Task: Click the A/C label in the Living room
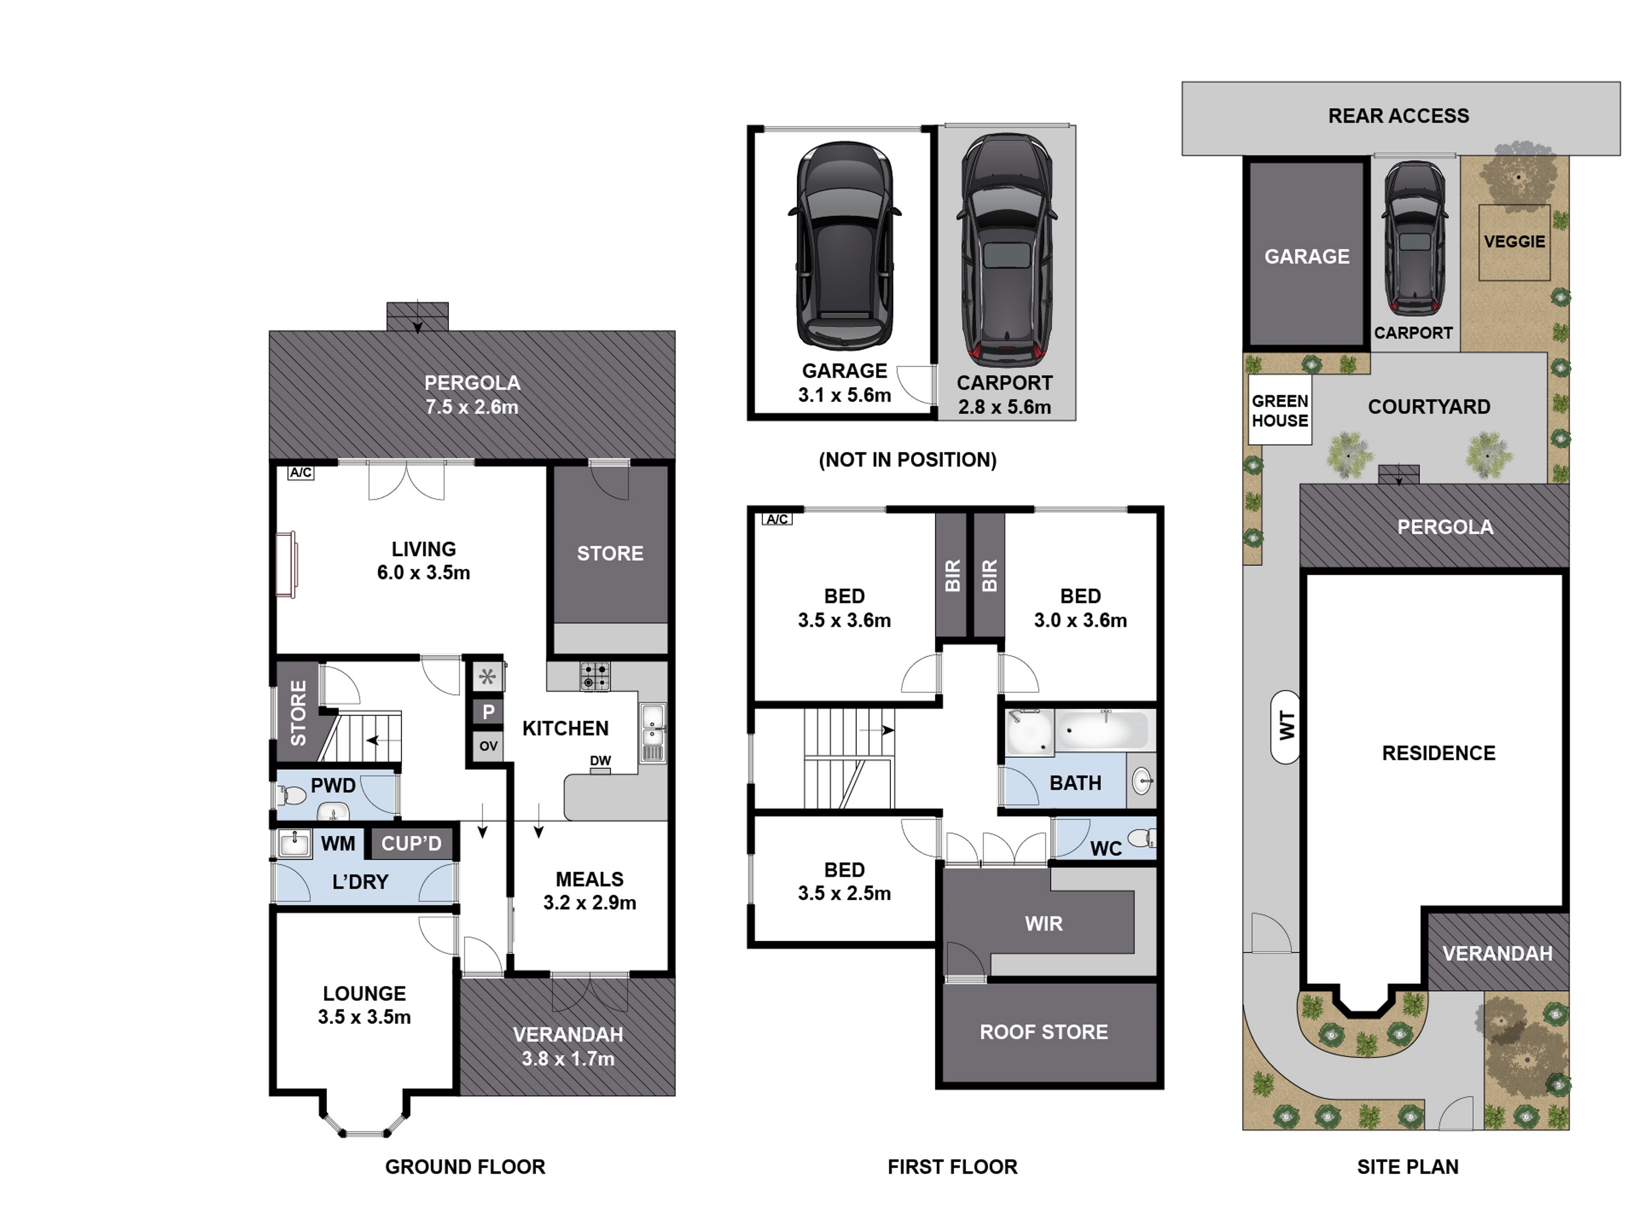301,473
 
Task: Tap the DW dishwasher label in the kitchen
600,761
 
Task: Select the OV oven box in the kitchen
489,746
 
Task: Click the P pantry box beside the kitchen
489,711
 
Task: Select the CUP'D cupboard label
411,843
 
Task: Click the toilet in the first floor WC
1142,837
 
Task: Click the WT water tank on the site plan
1286,726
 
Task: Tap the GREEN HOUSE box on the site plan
1280,410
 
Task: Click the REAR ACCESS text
1398,116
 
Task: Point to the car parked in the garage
845,246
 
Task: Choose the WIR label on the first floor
1044,924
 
